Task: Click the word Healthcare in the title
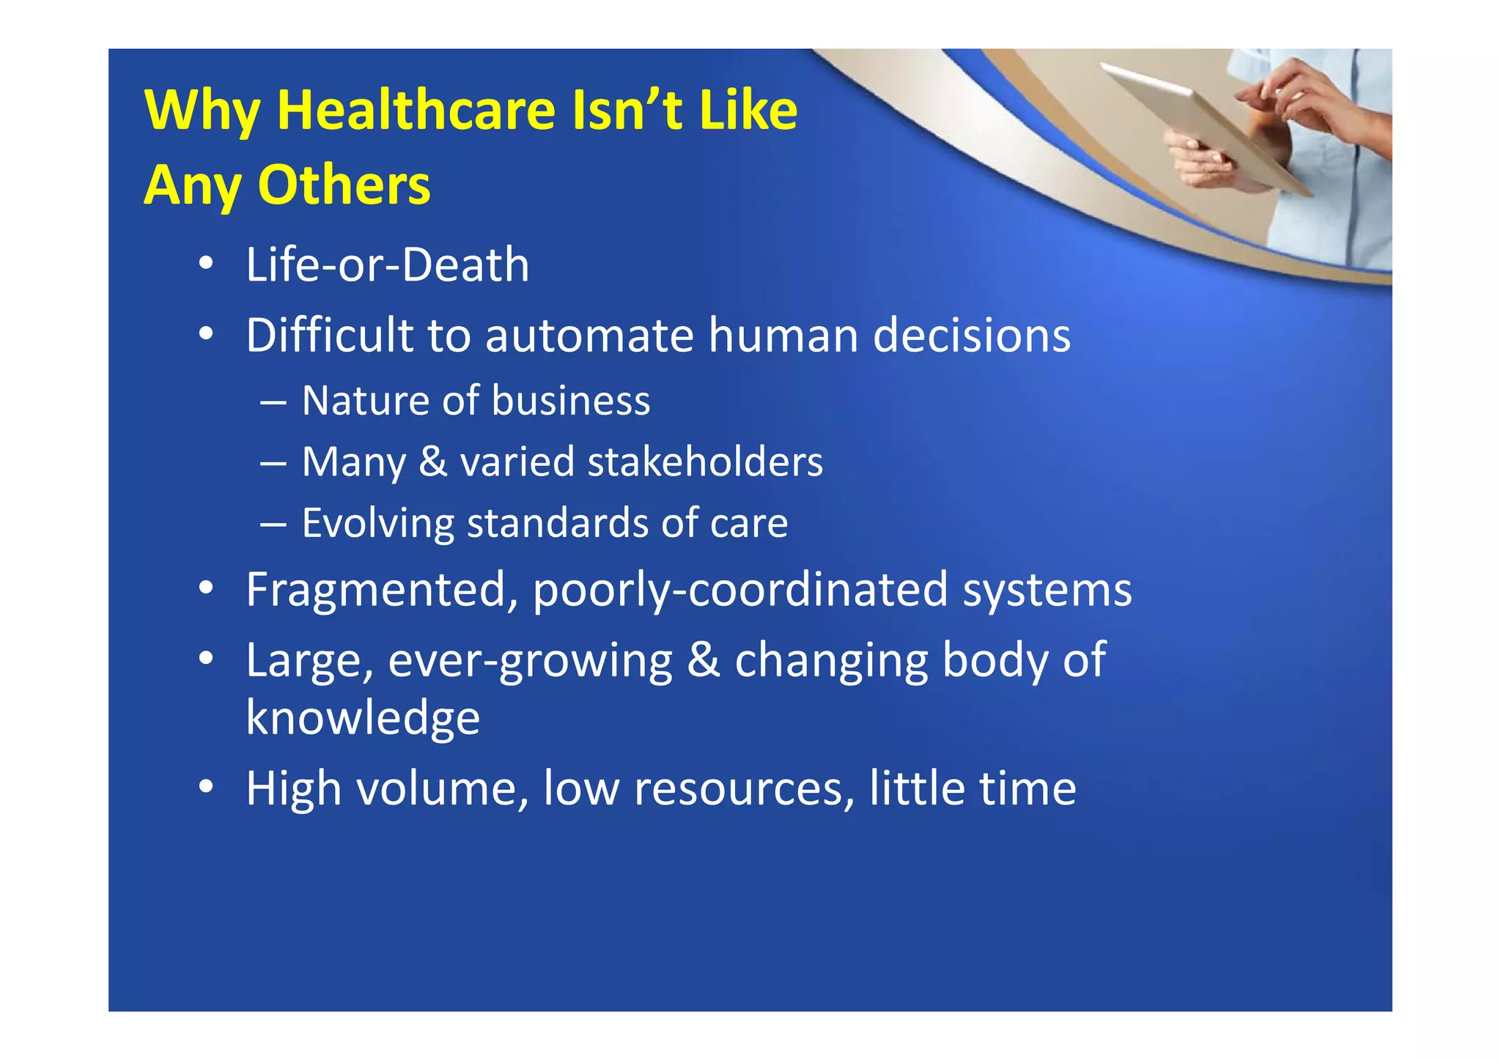(416, 110)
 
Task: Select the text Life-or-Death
(387, 265)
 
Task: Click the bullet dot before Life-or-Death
(206, 263)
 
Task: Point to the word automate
(589, 336)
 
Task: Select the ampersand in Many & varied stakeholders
(432, 462)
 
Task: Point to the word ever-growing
(530, 661)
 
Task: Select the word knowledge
(363, 717)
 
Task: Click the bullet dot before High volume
(206, 786)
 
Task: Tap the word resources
(743, 788)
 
